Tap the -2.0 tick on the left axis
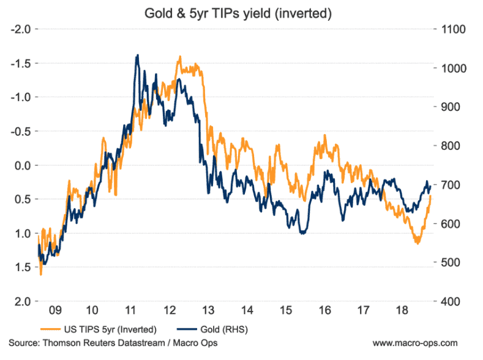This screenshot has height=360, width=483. tap(22, 29)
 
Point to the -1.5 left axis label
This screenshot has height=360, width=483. tap(22, 63)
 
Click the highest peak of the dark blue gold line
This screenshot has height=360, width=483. tap(138, 55)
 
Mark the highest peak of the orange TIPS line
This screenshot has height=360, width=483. tap(179, 57)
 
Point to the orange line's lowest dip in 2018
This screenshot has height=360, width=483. tap(417, 243)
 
